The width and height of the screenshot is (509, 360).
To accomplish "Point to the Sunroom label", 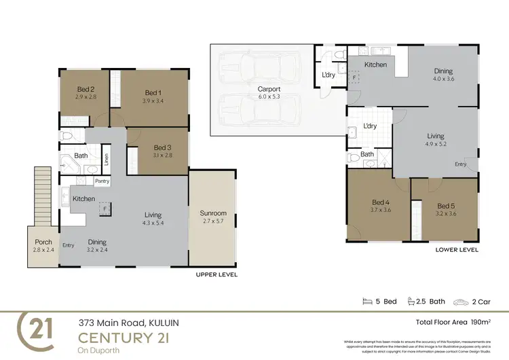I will click(214, 213).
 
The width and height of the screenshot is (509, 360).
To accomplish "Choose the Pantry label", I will click(102, 181).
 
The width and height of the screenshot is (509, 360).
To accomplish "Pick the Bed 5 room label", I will click(446, 206).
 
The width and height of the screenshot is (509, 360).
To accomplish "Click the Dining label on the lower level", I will click(443, 71).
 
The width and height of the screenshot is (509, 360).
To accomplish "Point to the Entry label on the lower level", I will click(461, 164).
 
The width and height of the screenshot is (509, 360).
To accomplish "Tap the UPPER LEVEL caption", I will click(216, 274).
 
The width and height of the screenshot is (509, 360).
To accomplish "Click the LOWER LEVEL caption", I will click(457, 249).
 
